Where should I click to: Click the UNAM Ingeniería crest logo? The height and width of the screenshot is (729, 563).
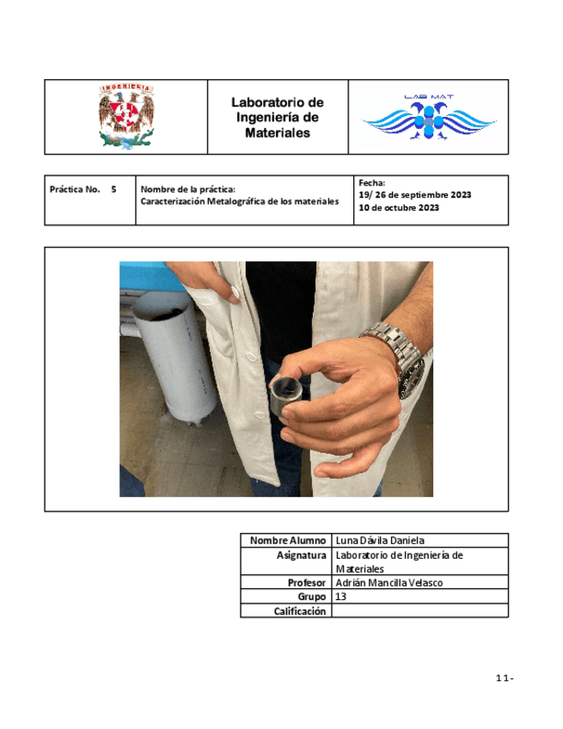coord(125,116)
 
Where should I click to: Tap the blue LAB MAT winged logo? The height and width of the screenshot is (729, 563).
coord(428,118)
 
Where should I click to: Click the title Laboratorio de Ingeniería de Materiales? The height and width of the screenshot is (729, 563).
coord(277,118)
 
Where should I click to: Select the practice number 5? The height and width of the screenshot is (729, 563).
coord(113,188)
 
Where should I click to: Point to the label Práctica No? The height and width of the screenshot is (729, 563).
coord(76,188)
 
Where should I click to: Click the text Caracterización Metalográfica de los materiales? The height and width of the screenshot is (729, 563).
coord(240,201)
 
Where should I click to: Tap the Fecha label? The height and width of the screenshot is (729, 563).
coord(373,182)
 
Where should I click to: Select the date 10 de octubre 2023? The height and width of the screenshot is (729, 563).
coord(400,207)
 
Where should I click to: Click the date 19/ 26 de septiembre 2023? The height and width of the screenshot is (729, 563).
coord(415,194)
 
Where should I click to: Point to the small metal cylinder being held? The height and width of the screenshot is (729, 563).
coord(285,395)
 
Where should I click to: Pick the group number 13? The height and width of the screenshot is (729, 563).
coord(341,596)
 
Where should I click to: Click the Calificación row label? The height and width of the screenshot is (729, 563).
coord(300,610)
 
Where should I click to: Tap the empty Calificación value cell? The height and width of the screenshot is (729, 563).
coord(419,610)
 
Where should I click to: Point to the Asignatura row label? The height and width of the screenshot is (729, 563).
coord(302,555)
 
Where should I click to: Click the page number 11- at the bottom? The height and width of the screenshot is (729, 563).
coord(505,679)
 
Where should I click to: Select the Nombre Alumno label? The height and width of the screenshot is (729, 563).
coord(288,541)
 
